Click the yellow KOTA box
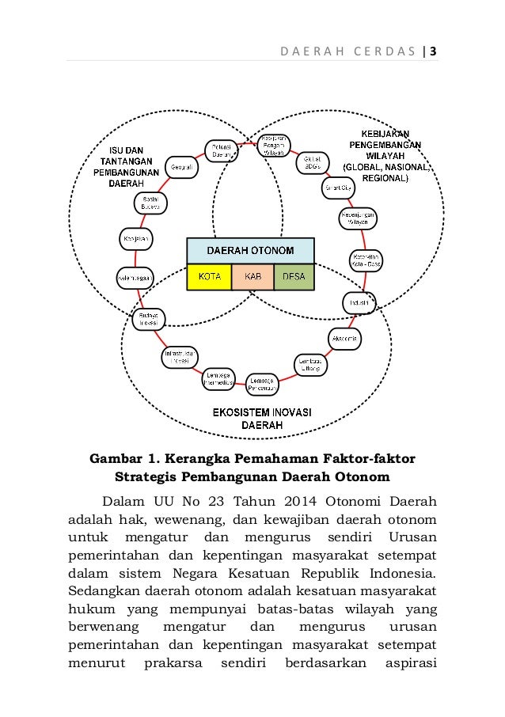(x=209, y=278)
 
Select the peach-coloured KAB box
(x=252, y=278)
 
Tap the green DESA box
(x=294, y=278)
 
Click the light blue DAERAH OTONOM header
(x=251, y=251)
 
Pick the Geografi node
(x=180, y=166)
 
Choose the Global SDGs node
(x=310, y=163)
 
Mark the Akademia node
(x=344, y=339)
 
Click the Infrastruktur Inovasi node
(x=181, y=355)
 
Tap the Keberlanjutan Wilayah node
(x=359, y=218)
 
